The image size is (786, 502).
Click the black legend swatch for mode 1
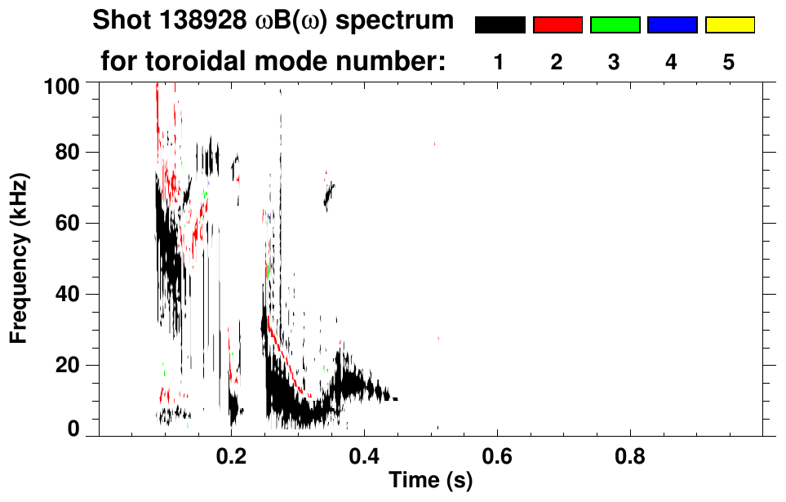click(500, 25)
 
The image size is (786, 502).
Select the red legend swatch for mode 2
click(557, 25)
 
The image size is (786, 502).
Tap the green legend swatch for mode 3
click(615, 25)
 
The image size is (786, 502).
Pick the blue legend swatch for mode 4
click(672, 25)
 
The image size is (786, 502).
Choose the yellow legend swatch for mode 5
click(729, 25)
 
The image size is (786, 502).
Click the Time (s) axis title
click(430, 482)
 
